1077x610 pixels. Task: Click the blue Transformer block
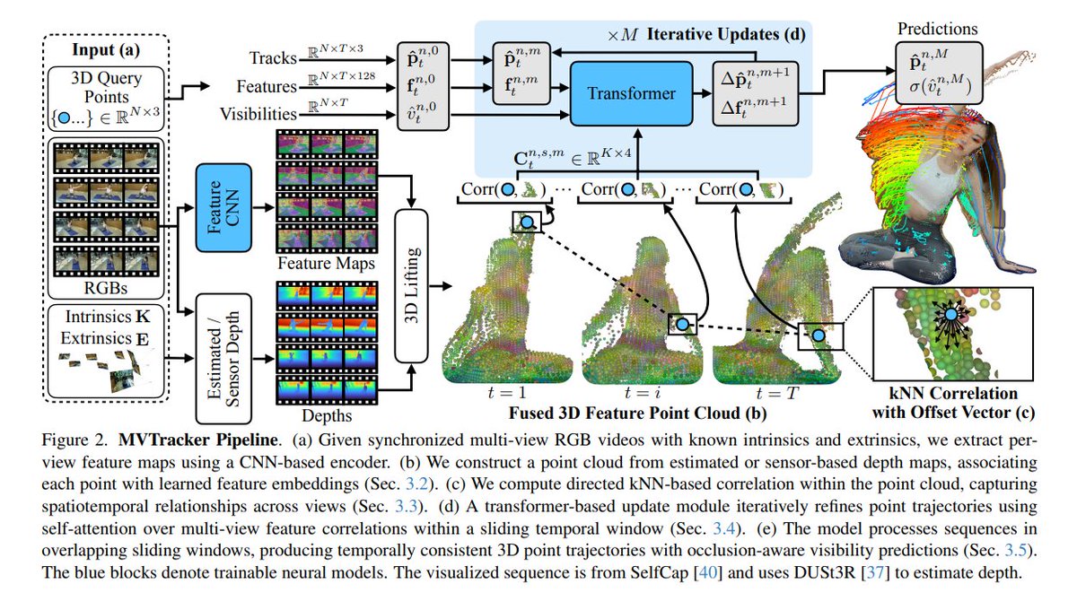pyautogui.click(x=631, y=93)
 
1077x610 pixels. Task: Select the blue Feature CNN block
pyautogui.click(x=223, y=207)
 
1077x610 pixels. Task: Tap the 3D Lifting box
pyautogui.click(x=412, y=286)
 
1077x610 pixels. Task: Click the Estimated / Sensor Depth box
pyautogui.click(x=223, y=359)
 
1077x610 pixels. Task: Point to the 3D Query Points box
pyautogui.click(x=106, y=99)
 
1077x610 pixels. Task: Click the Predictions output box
pyautogui.click(x=939, y=73)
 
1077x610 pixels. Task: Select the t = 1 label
pyautogui.click(x=507, y=393)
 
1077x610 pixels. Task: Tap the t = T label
pyautogui.click(x=777, y=393)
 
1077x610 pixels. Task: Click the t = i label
pyautogui.click(x=642, y=393)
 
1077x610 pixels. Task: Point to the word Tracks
pyautogui.click(x=273, y=58)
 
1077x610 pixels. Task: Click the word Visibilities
pyautogui.click(x=258, y=115)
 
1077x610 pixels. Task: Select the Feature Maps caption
pyautogui.click(x=326, y=264)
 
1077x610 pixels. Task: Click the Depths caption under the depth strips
pyautogui.click(x=327, y=416)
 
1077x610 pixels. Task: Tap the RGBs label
pyautogui.click(x=106, y=288)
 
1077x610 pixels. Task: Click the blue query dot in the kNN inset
pyautogui.click(x=950, y=315)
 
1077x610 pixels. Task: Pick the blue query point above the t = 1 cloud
pyautogui.click(x=528, y=222)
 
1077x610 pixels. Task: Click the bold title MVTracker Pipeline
pyautogui.click(x=198, y=440)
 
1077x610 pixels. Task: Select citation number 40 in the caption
pyautogui.click(x=708, y=572)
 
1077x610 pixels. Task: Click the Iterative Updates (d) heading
pyautogui.click(x=725, y=34)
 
